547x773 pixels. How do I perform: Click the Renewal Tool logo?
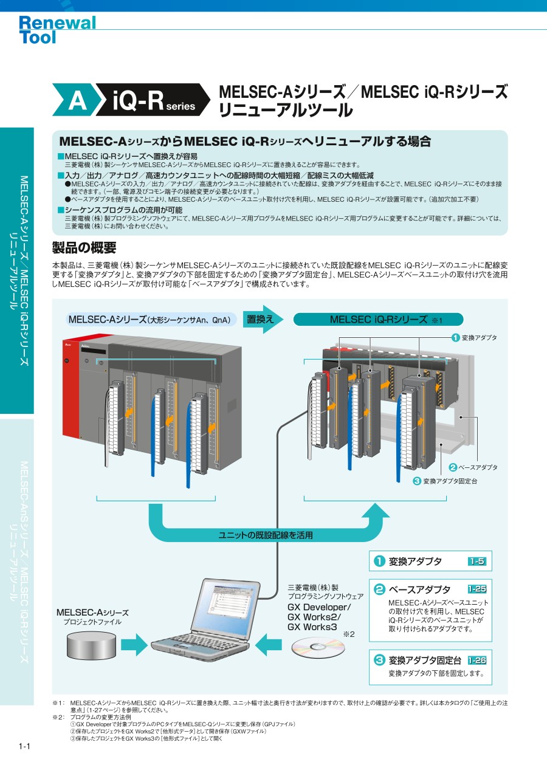[x=57, y=30]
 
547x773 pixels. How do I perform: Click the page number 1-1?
[x=25, y=746]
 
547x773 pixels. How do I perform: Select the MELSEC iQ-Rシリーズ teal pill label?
[x=378, y=319]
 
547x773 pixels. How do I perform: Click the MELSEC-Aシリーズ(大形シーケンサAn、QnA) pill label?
[x=150, y=320]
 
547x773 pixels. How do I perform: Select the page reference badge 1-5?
[x=477, y=562]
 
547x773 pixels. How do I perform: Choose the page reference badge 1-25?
[x=477, y=589]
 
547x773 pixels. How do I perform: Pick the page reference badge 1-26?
[x=477, y=660]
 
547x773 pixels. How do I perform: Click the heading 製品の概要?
[x=84, y=248]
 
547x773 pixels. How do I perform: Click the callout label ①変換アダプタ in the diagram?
[x=474, y=337]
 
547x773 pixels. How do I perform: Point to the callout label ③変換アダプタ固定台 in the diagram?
[x=445, y=481]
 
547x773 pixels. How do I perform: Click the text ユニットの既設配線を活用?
[x=266, y=535]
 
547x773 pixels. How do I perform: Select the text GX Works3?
[x=311, y=627]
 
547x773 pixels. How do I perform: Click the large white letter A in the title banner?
[x=78, y=100]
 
